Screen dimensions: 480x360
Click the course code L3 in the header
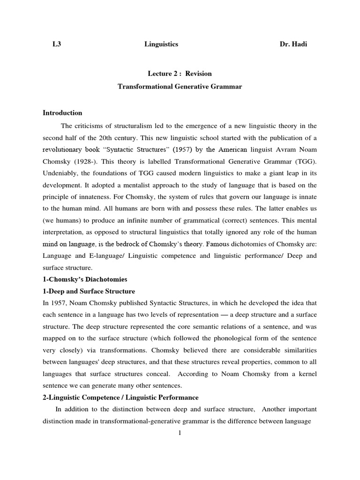pos(57,45)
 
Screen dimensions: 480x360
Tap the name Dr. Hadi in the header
pos(294,45)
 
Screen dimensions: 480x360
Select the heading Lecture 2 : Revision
pos(180,74)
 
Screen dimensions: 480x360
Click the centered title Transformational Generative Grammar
pos(180,87)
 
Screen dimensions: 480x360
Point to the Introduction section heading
pos(62,112)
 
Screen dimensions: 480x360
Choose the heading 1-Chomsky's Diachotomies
pos(85,279)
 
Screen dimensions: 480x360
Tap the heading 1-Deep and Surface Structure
pos(89,292)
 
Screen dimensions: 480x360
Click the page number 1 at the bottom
pos(180,433)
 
